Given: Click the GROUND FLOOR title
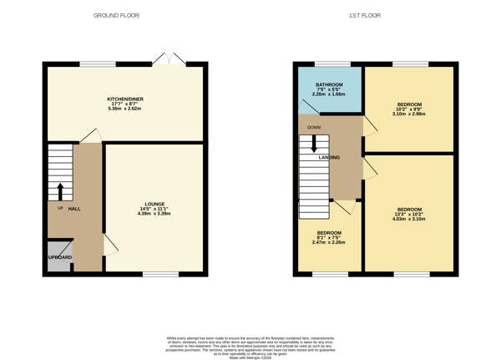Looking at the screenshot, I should click(116, 15).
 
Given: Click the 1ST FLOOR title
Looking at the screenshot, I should click(364, 15).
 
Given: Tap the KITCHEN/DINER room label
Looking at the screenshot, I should click(125, 99).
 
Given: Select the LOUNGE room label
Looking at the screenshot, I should click(154, 204).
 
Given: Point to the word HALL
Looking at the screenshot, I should click(74, 209).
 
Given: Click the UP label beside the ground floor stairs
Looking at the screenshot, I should click(60, 209).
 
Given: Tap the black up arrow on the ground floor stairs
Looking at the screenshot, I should click(60, 191).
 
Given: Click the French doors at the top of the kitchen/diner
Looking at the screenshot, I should click(170, 60).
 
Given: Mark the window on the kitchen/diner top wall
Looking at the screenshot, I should click(98, 63).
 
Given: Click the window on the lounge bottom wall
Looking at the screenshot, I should click(159, 273).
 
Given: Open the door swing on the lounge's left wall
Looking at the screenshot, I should click(110, 244).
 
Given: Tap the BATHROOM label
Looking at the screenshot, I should click(329, 85).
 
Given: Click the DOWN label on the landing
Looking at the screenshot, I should click(314, 128).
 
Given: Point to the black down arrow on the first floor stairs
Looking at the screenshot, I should click(314, 144).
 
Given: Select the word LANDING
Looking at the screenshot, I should click(328, 157).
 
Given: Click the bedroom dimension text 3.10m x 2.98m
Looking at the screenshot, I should click(408, 114).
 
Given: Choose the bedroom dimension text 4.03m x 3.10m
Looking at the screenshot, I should click(409, 219).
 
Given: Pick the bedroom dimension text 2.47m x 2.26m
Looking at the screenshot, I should click(328, 242).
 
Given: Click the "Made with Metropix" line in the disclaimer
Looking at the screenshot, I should click(250, 357).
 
